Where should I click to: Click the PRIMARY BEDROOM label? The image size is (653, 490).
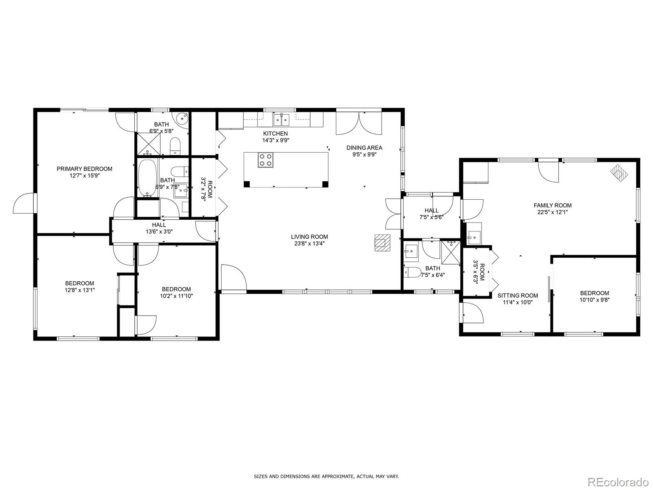click(84, 169)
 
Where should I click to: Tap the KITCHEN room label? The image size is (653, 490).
click(275, 134)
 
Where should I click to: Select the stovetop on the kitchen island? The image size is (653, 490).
click(266, 160)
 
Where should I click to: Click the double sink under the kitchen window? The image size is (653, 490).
click(282, 120)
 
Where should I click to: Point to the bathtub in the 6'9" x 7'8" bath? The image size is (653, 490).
click(148, 178)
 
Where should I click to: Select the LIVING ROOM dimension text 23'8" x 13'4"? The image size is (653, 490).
click(309, 244)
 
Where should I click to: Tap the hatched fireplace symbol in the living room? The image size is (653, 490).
click(382, 243)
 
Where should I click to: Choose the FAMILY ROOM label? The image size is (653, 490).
click(553, 205)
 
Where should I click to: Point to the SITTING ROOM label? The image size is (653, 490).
click(518, 295)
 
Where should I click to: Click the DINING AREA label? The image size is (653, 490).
click(364, 147)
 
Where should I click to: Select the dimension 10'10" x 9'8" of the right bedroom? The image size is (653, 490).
click(594, 300)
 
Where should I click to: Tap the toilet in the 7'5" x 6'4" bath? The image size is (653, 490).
click(412, 272)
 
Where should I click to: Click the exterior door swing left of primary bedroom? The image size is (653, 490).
click(24, 203)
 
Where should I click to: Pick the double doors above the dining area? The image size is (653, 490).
click(359, 123)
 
